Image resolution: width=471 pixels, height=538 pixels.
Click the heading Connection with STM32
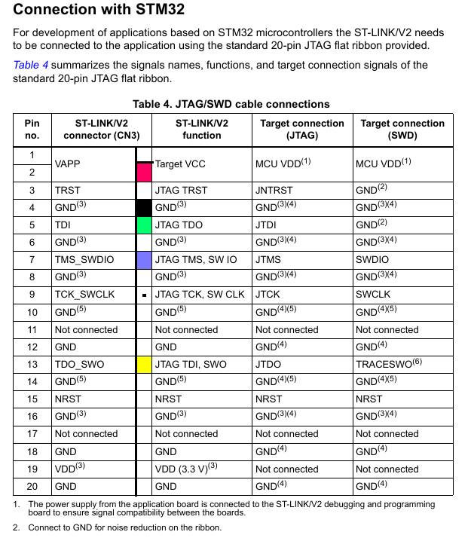pyautogui.click(x=99, y=11)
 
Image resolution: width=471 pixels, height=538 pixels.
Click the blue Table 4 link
pyautogui.click(x=31, y=65)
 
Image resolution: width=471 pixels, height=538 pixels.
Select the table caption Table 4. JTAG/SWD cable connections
pyautogui.click(x=231, y=104)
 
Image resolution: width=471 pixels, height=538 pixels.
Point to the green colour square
pyautogui.click(x=144, y=225)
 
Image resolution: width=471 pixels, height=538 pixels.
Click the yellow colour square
pyautogui.click(x=144, y=364)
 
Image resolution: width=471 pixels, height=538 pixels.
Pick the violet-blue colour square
pyautogui.click(x=144, y=259)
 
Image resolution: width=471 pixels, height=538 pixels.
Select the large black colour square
pyautogui.click(x=144, y=207)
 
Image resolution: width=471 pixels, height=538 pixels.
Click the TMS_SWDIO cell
pyautogui.click(x=84, y=259)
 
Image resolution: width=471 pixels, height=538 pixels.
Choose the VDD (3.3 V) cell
pyautogui.click(x=185, y=469)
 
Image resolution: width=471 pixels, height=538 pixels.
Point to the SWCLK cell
pyautogui.click(x=373, y=294)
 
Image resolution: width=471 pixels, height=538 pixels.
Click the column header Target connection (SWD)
pyautogui.click(x=402, y=130)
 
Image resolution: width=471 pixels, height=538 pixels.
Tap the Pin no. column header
pyautogui.click(x=32, y=130)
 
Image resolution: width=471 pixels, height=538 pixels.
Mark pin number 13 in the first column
pyautogui.click(x=32, y=364)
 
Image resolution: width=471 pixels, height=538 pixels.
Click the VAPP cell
pyautogui.click(x=68, y=164)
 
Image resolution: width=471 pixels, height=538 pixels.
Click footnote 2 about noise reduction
pyautogui.click(x=124, y=527)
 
